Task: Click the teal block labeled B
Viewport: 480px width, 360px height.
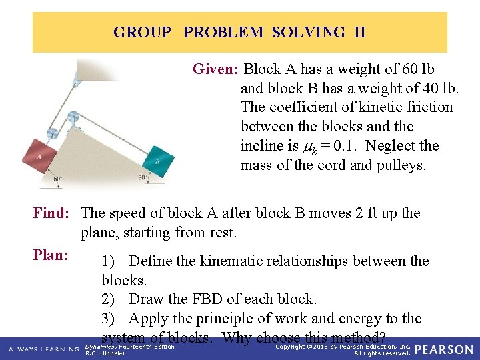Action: click(158, 161)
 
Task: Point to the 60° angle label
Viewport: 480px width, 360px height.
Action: click(57, 179)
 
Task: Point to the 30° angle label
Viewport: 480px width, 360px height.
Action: click(142, 178)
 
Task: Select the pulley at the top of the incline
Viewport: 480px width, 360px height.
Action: click(72, 117)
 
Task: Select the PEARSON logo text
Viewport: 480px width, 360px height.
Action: click(445, 349)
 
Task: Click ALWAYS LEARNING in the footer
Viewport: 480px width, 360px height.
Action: click(44, 349)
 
